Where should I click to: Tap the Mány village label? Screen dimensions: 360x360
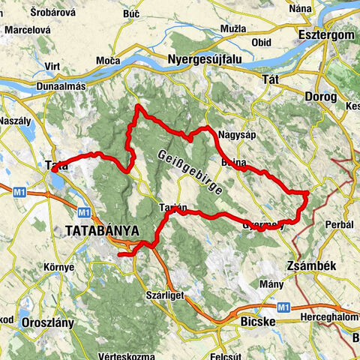click(x=271, y=284)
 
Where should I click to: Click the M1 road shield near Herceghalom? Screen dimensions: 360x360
click(x=283, y=307)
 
